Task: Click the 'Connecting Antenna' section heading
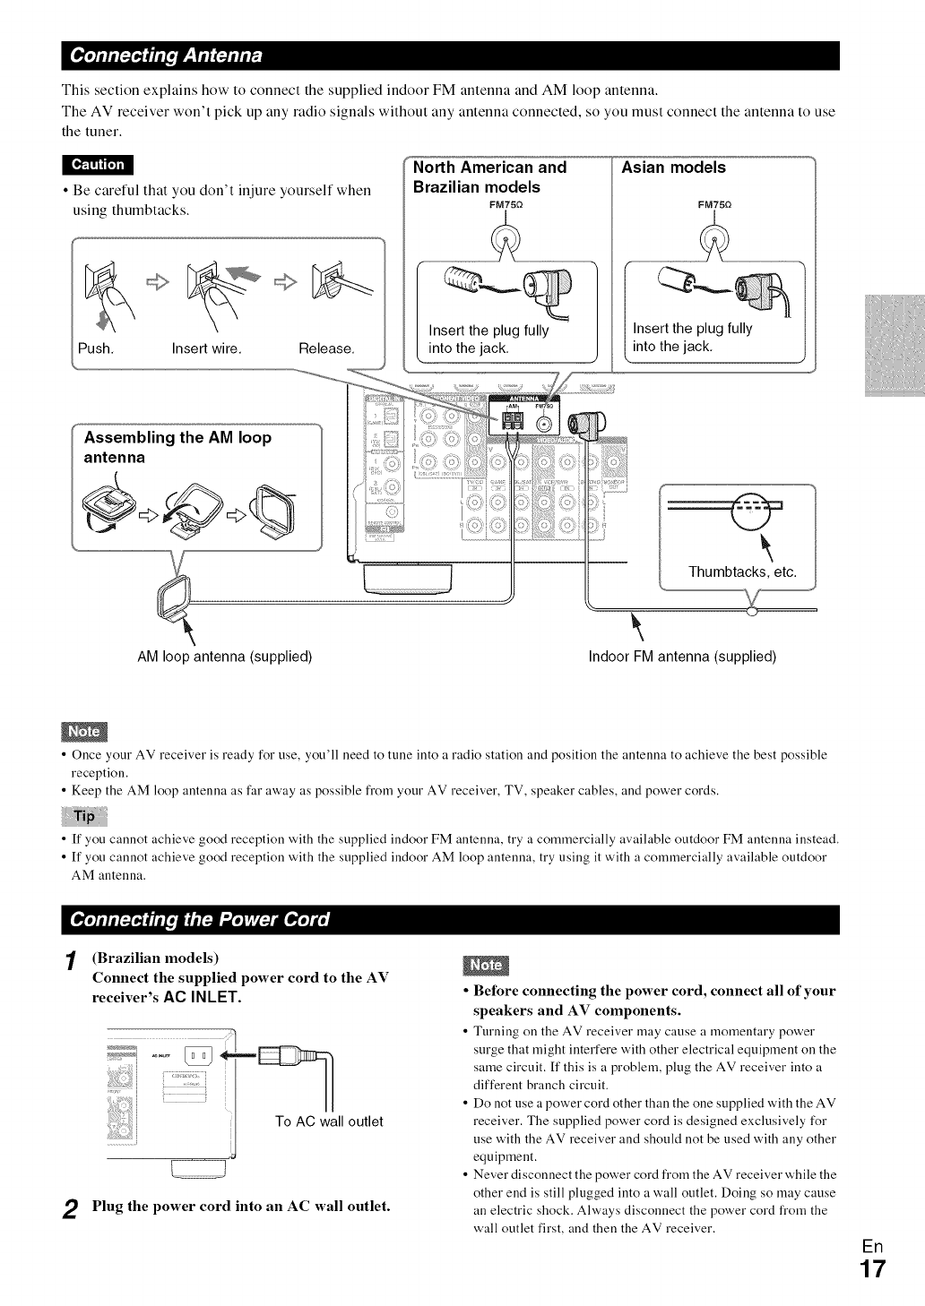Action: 167,56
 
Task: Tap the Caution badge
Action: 98,165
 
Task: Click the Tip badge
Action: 83,816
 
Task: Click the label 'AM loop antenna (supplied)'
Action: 224,657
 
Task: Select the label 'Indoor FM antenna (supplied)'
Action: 682,657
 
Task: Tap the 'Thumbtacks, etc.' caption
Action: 742,572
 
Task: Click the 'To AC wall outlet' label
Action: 329,1121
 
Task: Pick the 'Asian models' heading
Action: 673,168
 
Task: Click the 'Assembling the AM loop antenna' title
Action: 177,447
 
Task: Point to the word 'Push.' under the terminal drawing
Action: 96,348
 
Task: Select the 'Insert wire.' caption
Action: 207,348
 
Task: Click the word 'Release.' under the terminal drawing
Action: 327,348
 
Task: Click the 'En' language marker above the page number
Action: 872,1246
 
